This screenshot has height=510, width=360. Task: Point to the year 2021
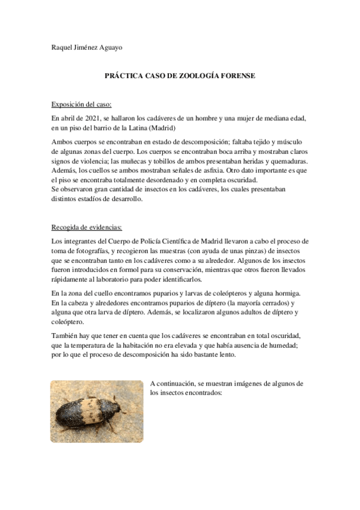pyautogui.click(x=88, y=118)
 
